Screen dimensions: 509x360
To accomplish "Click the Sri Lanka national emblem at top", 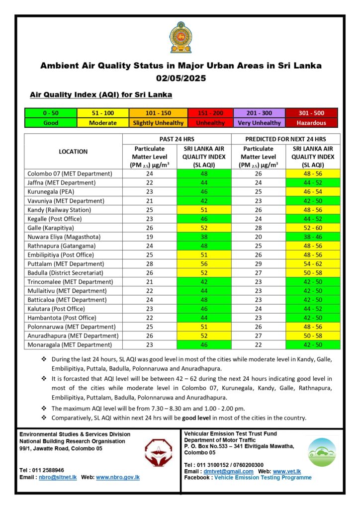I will [x=180, y=37].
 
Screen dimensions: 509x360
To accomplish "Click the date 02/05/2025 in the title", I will [x=180, y=78].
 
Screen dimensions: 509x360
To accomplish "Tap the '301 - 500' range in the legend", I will [x=312, y=113].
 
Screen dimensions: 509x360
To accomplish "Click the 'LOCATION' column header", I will [x=73, y=152].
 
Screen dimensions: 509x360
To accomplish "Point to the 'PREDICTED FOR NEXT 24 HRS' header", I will [x=286, y=139].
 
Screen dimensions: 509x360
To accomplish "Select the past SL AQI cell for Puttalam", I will [x=204, y=263].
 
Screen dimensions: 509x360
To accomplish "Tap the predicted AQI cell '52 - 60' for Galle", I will [x=313, y=228].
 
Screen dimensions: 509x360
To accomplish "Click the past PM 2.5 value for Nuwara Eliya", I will [x=149, y=237].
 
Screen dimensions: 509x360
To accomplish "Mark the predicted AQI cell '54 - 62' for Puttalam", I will [x=313, y=263].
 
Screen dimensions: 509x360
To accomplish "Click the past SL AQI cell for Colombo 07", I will [x=204, y=174].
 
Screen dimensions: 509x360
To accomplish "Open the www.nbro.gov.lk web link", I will [x=118, y=477].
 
